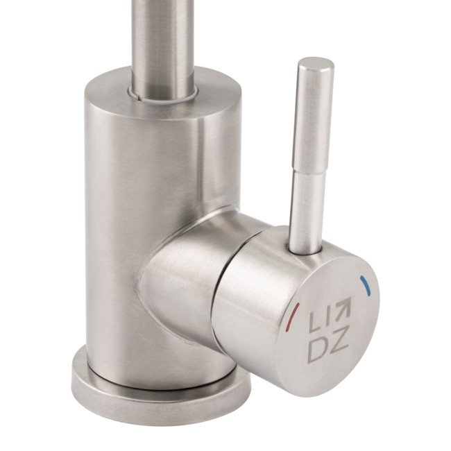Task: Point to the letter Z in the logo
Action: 339,339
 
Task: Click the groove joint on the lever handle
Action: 309,171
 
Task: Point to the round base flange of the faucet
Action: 161,396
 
